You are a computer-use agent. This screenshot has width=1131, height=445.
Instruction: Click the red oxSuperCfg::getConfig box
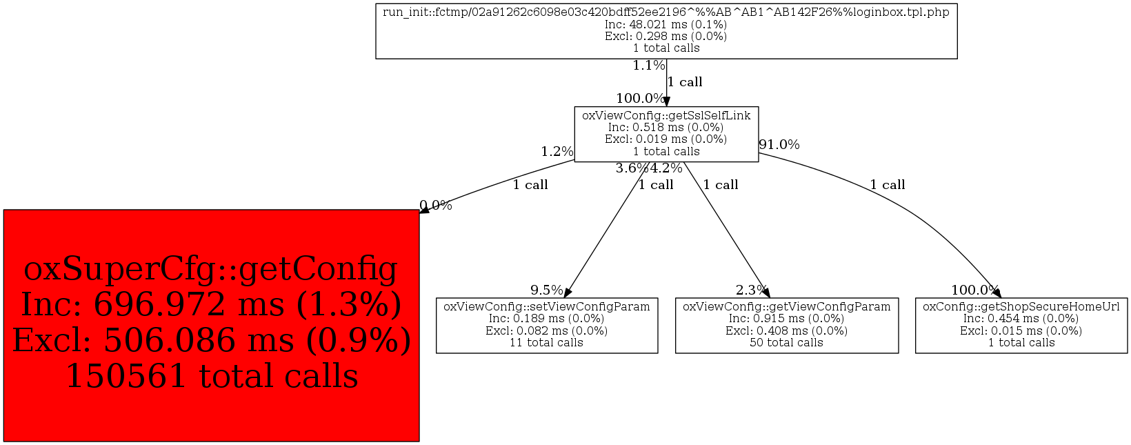(x=211, y=325)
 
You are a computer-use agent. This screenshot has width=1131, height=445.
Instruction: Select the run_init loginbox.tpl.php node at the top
(x=666, y=30)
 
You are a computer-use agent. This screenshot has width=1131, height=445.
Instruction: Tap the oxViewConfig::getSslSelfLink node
(x=666, y=134)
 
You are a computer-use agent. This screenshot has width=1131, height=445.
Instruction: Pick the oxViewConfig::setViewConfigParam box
(x=546, y=325)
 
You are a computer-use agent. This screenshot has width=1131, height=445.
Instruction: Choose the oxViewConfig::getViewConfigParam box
(x=786, y=325)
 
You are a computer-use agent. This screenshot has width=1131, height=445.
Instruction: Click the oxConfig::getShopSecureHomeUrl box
(x=1021, y=325)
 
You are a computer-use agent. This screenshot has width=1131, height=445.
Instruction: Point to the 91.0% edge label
(x=779, y=145)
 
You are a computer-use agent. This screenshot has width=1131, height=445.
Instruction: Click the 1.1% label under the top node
(x=648, y=66)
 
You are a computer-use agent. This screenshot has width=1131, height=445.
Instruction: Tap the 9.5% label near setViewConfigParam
(x=546, y=290)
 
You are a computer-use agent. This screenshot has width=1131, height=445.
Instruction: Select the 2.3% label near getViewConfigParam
(x=751, y=290)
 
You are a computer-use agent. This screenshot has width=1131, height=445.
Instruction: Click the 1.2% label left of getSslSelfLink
(x=557, y=152)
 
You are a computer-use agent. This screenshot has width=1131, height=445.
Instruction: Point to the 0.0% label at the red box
(x=436, y=206)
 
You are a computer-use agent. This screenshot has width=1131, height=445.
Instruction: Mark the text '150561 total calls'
(x=211, y=377)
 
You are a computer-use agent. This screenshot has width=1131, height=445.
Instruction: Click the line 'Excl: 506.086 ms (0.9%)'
(x=211, y=341)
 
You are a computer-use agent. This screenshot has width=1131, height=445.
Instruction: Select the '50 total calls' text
(x=786, y=343)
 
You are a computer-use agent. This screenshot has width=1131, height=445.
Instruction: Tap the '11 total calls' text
(x=546, y=343)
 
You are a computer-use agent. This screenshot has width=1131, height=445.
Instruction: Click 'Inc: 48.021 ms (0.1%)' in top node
(x=666, y=24)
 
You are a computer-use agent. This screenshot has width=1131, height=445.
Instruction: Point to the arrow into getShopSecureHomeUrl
(x=995, y=293)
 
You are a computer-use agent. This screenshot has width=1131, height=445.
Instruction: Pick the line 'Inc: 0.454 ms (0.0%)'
(x=1021, y=319)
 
